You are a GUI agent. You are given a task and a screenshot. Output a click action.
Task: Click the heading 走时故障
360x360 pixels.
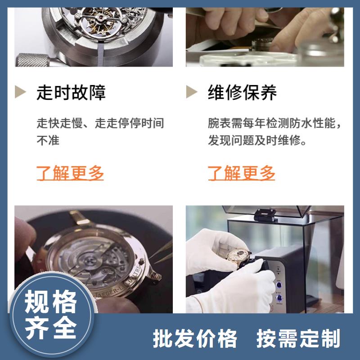(x=71, y=92)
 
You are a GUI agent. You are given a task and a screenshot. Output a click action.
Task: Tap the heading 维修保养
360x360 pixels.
(x=242, y=92)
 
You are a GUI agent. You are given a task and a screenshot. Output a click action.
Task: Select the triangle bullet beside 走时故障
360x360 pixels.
(x=20, y=92)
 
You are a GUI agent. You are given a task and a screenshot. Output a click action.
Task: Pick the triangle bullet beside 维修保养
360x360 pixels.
(x=192, y=92)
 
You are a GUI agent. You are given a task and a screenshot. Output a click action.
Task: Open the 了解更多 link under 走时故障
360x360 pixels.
(x=70, y=173)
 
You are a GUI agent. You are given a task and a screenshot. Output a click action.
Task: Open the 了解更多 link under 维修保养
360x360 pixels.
(x=241, y=173)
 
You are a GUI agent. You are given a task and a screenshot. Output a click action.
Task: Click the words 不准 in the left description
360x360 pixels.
(x=48, y=140)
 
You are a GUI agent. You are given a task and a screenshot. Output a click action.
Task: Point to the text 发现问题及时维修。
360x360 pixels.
(x=257, y=140)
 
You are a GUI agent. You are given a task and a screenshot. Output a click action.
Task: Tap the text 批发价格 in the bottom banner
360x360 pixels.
(x=195, y=338)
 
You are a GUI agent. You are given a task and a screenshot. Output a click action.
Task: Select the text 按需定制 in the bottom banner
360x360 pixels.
(x=298, y=338)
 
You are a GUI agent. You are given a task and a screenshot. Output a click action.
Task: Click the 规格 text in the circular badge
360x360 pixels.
(x=50, y=301)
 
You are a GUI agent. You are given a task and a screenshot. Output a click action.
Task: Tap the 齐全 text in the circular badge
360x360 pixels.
(x=50, y=328)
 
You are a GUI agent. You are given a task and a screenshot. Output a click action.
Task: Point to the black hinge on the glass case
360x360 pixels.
(x=265, y=215)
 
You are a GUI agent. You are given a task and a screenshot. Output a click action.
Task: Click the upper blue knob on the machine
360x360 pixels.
(x=279, y=285)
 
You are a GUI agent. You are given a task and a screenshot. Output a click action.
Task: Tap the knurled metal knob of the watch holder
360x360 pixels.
(x=32, y=60)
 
